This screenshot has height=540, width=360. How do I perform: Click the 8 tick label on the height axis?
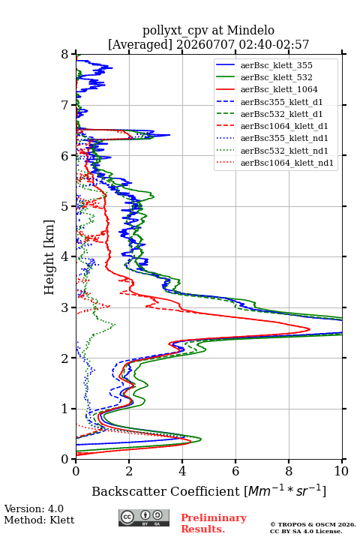click(x=65, y=54)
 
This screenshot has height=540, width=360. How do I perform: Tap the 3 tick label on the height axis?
click(x=65, y=307)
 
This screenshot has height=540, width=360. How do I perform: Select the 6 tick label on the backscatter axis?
click(x=235, y=471)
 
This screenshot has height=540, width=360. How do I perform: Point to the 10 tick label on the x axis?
click(x=342, y=471)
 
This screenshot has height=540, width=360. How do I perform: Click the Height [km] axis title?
click(x=49, y=257)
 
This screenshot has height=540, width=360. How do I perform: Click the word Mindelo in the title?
click(x=250, y=30)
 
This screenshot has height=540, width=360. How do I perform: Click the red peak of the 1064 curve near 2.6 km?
click(x=310, y=329)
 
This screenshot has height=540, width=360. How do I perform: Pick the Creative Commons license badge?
click(x=144, y=517)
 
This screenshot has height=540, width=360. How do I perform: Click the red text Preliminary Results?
click(x=214, y=523)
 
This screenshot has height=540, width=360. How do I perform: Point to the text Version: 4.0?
click(x=34, y=508)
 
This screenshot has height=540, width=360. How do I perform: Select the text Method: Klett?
click(x=39, y=520)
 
